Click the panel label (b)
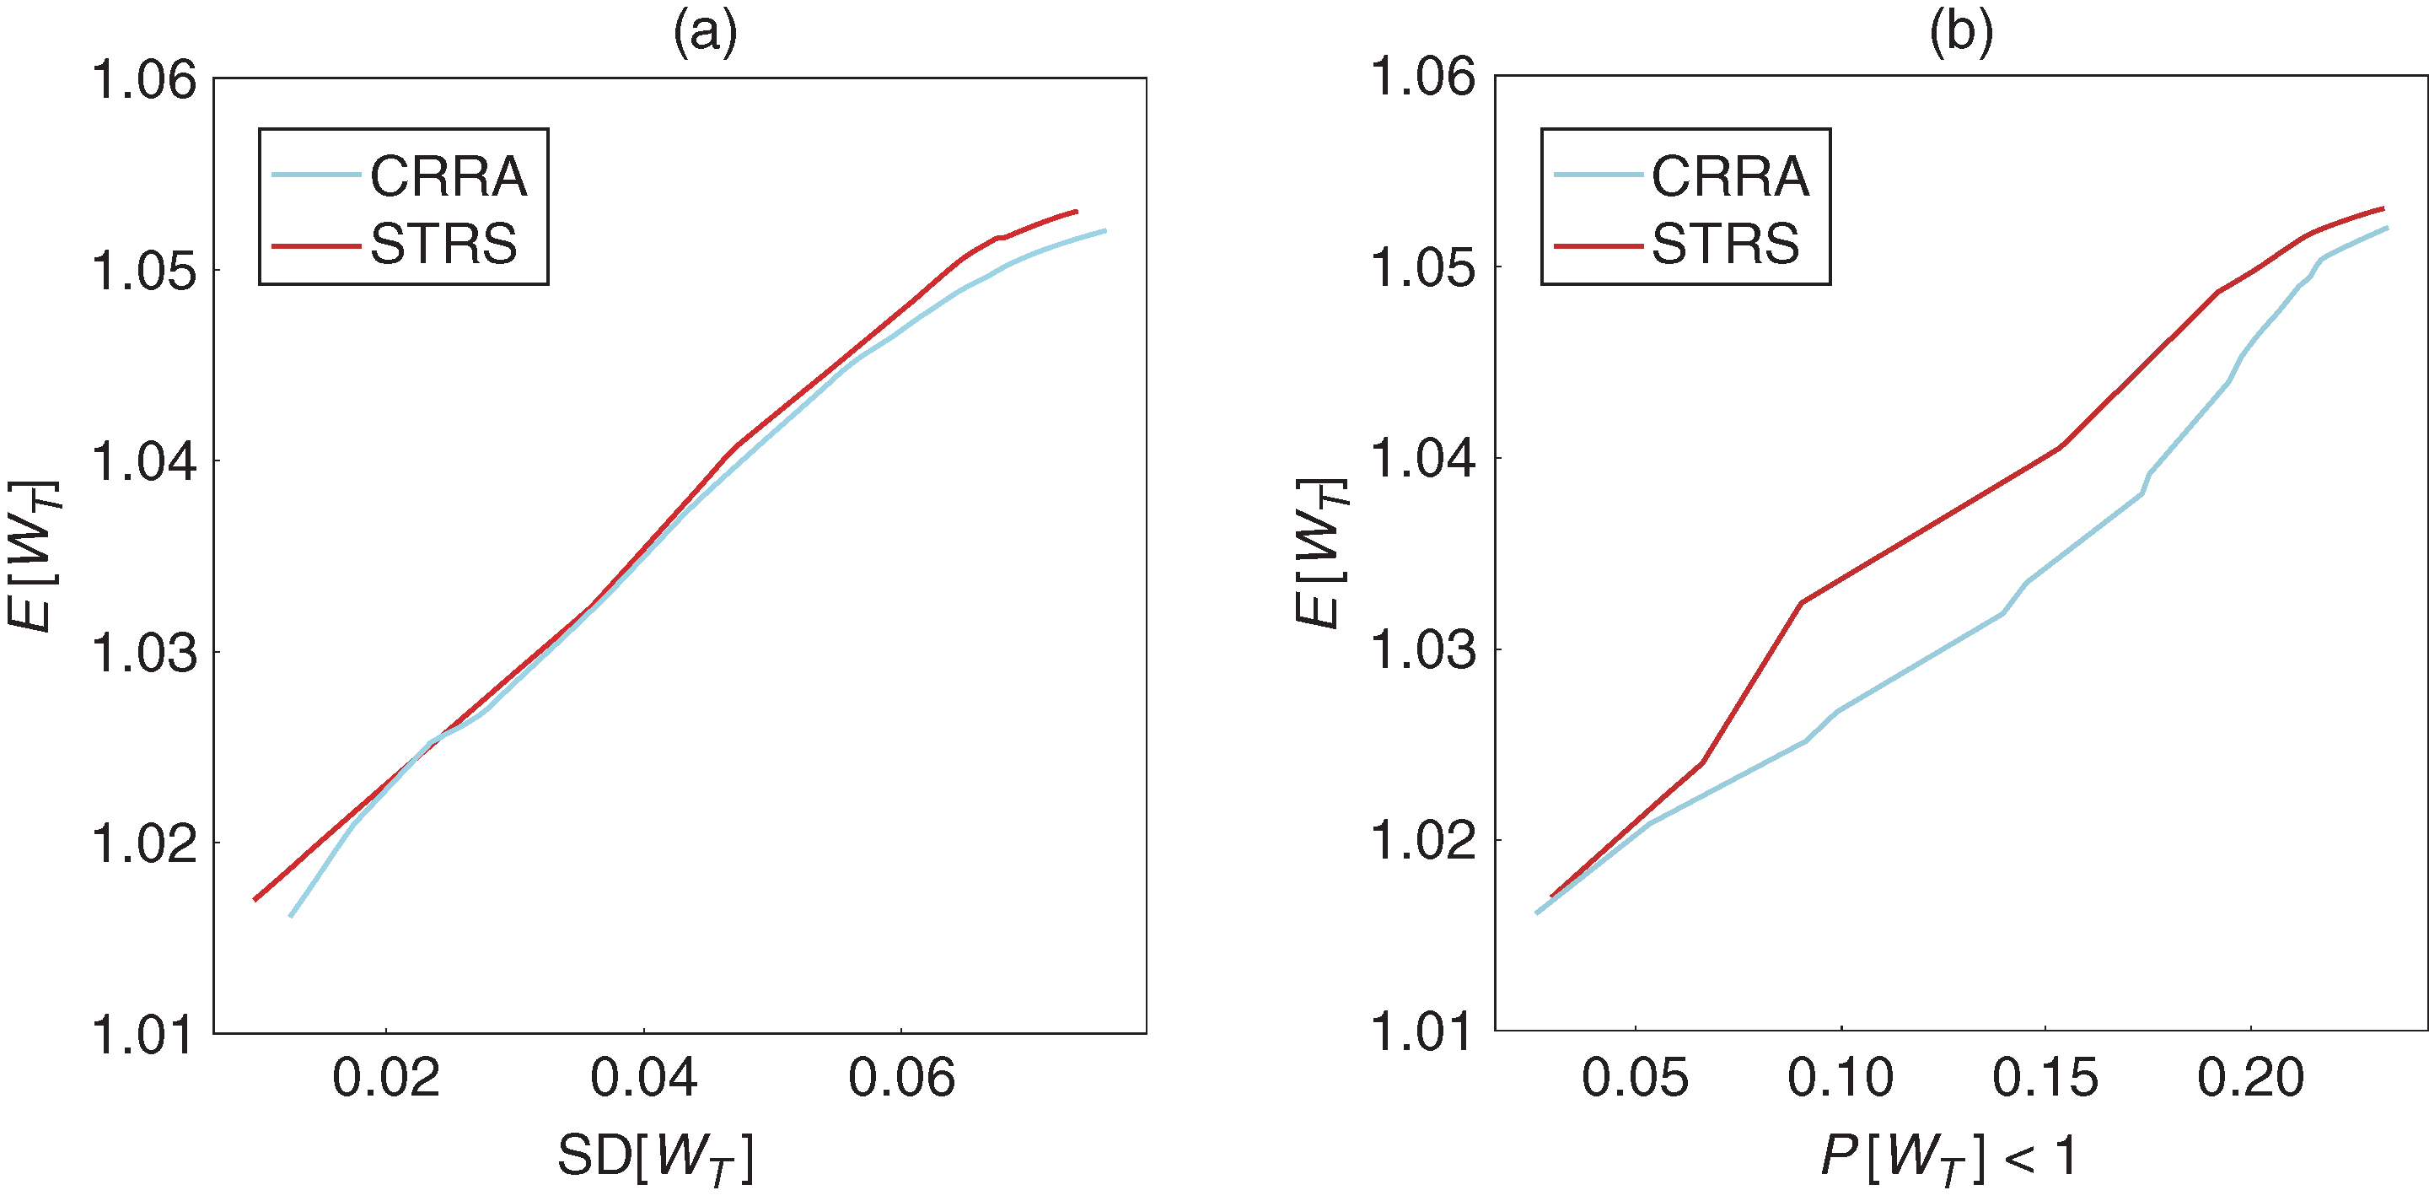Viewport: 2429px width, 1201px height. pyautogui.click(x=1961, y=33)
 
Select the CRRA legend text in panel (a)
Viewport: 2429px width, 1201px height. pyautogui.click(x=448, y=176)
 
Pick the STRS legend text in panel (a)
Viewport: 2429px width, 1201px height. pyautogui.click(x=443, y=245)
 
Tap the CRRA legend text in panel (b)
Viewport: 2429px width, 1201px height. pyautogui.click(x=1730, y=176)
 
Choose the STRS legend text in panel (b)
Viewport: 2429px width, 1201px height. pyautogui.click(x=1726, y=245)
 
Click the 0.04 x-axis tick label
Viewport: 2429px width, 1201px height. pyautogui.click(x=643, y=1077)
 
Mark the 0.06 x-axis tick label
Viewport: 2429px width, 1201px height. pyautogui.click(x=901, y=1077)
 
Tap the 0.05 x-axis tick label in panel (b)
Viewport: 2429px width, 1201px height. pyautogui.click(x=1635, y=1077)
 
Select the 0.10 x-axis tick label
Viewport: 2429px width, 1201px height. pyautogui.click(x=1841, y=1077)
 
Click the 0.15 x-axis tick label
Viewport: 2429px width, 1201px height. pyautogui.click(x=2045, y=1077)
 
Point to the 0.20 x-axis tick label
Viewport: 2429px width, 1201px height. pyautogui.click(x=2251, y=1077)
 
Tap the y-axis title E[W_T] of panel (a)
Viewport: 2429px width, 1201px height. pyautogui.click(x=32, y=556)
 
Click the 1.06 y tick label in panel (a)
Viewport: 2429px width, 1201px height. pyautogui.click(x=144, y=79)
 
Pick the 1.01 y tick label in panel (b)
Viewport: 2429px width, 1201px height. pyautogui.click(x=1422, y=1031)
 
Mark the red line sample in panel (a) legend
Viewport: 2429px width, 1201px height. pyautogui.click(x=316, y=246)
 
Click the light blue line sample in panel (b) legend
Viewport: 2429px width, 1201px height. pyautogui.click(x=1599, y=175)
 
